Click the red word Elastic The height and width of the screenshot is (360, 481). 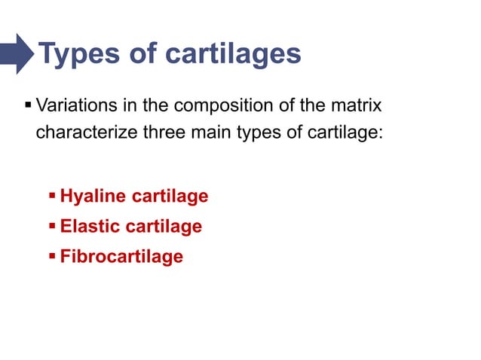click(90, 226)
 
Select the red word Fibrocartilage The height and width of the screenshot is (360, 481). click(121, 256)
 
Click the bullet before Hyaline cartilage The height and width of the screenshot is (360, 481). click(52, 196)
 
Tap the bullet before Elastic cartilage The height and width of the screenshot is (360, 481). click(52, 225)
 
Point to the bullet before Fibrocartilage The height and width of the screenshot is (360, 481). click(52, 255)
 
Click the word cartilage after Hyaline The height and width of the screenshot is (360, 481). click(170, 197)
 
